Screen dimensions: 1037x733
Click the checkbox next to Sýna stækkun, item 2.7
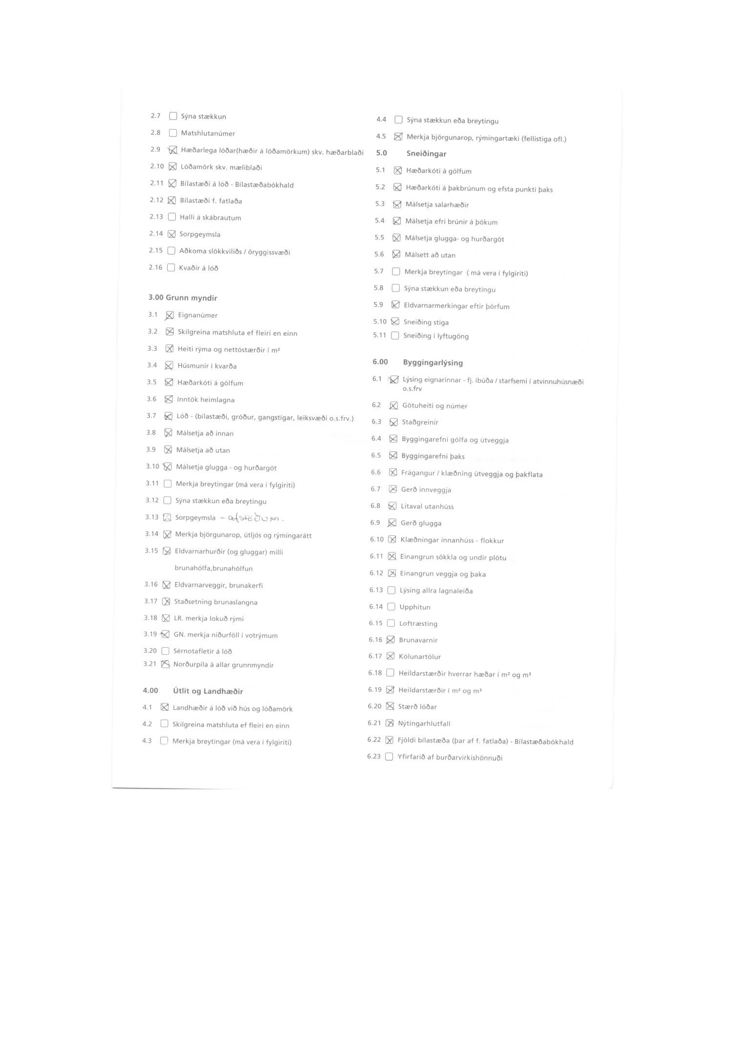tap(173, 116)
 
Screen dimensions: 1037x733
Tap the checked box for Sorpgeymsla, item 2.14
tap(172, 234)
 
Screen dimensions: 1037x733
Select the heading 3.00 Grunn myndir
tap(183, 298)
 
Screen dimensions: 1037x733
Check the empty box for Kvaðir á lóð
tap(171, 268)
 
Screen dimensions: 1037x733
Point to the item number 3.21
tap(150, 664)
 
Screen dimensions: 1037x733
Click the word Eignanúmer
tap(198, 316)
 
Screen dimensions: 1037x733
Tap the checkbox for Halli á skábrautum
tap(172, 217)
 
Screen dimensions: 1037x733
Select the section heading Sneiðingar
tap(426, 154)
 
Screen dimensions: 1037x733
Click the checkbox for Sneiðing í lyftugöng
tap(395, 336)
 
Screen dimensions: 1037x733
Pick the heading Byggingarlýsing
tap(433, 363)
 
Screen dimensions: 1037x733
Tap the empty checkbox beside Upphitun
tap(391, 607)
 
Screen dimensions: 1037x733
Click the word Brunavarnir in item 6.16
tap(418, 640)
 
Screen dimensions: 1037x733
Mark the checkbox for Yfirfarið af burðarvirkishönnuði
tap(389, 757)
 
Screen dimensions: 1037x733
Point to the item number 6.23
tap(374, 757)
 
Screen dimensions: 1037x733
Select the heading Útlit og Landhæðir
tap(208, 691)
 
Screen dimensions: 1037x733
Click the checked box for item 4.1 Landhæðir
tap(165, 707)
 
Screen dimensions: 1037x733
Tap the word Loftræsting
tap(418, 624)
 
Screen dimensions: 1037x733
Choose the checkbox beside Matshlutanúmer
tap(172, 133)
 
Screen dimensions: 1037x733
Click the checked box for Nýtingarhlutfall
tap(389, 723)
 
